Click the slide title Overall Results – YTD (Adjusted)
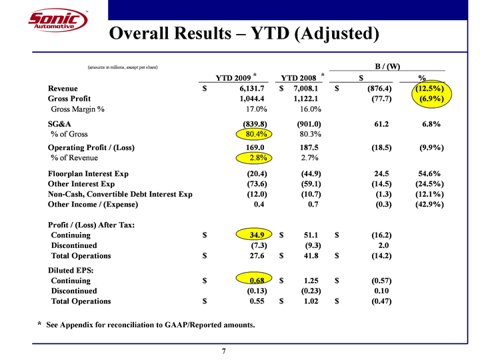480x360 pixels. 244,33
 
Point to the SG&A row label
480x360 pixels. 61,123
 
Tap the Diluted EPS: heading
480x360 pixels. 71,270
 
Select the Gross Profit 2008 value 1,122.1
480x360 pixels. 307,99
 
